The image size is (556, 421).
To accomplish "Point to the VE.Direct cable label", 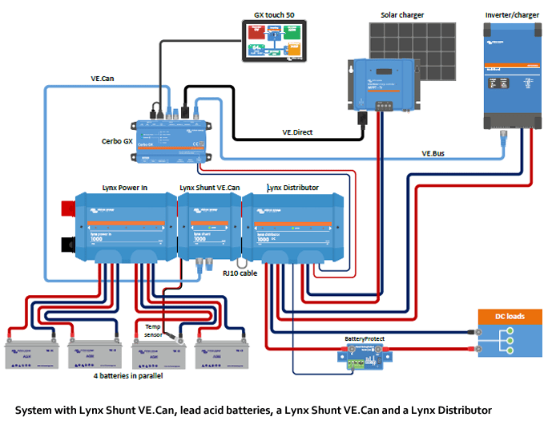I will (298, 130).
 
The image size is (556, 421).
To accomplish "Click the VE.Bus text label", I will (435, 153).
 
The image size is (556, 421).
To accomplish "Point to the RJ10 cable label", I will (241, 273).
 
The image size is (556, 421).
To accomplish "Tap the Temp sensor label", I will (153, 330).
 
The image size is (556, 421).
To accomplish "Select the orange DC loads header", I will (510, 316).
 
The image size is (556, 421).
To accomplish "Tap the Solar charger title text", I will (402, 15).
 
